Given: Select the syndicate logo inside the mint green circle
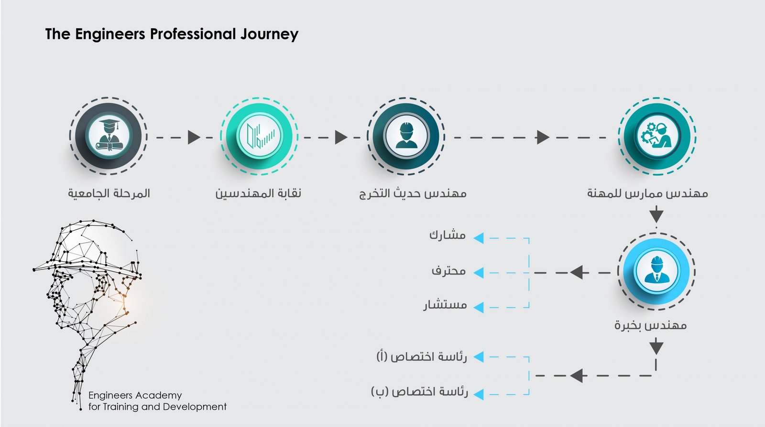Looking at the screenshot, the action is (260, 136).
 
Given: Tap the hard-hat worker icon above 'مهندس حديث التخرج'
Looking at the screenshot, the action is (406, 135).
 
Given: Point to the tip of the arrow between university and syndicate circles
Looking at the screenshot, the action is (200, 138).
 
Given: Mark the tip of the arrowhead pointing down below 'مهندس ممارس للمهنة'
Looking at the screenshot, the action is (656, 223).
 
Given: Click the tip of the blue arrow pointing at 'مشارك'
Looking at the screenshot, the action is (473, 238).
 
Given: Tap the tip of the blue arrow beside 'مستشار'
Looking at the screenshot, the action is (473, 307).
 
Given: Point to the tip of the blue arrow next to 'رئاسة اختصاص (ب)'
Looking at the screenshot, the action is (473, 394).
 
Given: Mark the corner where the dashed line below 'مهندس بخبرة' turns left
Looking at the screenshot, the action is (656, 375).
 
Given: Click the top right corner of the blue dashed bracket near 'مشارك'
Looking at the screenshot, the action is (529, 238).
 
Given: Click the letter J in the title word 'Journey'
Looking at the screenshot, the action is (243, 34).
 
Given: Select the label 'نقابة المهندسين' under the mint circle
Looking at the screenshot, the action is (258, 193).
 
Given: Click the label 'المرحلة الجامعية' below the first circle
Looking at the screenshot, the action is (109, 193).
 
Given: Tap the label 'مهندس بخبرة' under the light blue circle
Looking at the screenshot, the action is (651, 325).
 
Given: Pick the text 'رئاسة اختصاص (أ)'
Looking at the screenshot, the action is (421, 357).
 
